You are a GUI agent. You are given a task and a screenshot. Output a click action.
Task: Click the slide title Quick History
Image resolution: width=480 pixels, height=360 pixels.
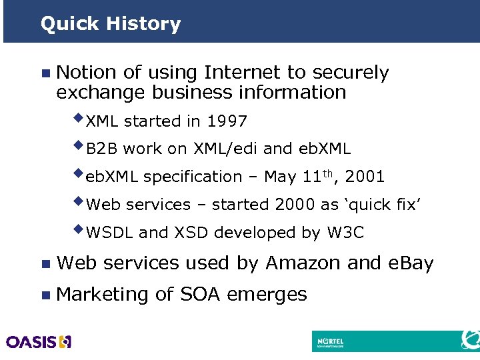[110, 24]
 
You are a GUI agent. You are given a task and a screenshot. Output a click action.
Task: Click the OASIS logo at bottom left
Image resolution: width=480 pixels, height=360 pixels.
[38, 342]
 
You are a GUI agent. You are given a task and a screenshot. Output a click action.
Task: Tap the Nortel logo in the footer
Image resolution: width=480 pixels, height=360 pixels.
[331, 341]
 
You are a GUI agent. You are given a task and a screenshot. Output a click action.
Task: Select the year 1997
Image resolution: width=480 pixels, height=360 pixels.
[227, 121]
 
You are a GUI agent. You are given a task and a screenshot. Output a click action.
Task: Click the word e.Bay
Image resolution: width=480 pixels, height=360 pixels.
[410, 264]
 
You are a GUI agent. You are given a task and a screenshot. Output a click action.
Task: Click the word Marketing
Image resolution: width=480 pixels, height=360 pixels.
[103, 294]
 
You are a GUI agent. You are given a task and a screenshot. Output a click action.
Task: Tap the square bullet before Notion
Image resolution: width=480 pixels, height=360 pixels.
[45, 73]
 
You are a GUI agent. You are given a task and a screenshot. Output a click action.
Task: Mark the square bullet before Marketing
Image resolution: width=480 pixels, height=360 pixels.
[45, 295]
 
